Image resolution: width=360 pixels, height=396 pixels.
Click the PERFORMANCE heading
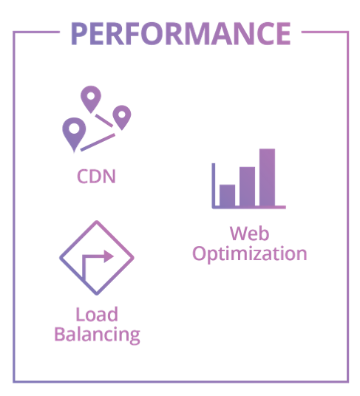[x=181, y=34]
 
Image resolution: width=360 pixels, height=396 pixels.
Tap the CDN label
[x=96, y=177]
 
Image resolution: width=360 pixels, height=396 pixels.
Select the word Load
[x=97, y=314]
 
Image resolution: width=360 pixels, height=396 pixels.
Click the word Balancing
[x=98, y=335]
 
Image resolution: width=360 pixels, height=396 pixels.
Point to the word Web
[x=250, y=233]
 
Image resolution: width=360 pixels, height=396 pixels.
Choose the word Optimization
[x=250, y=253]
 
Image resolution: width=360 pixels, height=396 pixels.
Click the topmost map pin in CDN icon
[x=91, y=99]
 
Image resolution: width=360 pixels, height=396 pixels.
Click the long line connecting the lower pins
[x=98, y=143]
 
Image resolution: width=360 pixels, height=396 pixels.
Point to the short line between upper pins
[x=103, y=120]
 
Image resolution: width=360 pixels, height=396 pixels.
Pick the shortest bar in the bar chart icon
[x=227, y=195]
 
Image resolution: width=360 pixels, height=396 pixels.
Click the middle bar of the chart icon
[x=247, y=186]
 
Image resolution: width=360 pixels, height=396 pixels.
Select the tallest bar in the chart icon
[x=267, y=177]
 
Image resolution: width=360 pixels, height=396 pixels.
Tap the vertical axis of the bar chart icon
[x=214, y=185]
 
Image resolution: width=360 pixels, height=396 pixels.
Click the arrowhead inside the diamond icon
[x=109, y=256]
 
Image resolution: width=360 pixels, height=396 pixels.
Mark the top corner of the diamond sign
[x=97, y=222]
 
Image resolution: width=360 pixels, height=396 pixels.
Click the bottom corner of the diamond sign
[x=97, y=294]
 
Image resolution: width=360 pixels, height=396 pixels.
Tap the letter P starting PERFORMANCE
[x=79, y=34]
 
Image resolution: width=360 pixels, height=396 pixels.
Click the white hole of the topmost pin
[x=91, y=96]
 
